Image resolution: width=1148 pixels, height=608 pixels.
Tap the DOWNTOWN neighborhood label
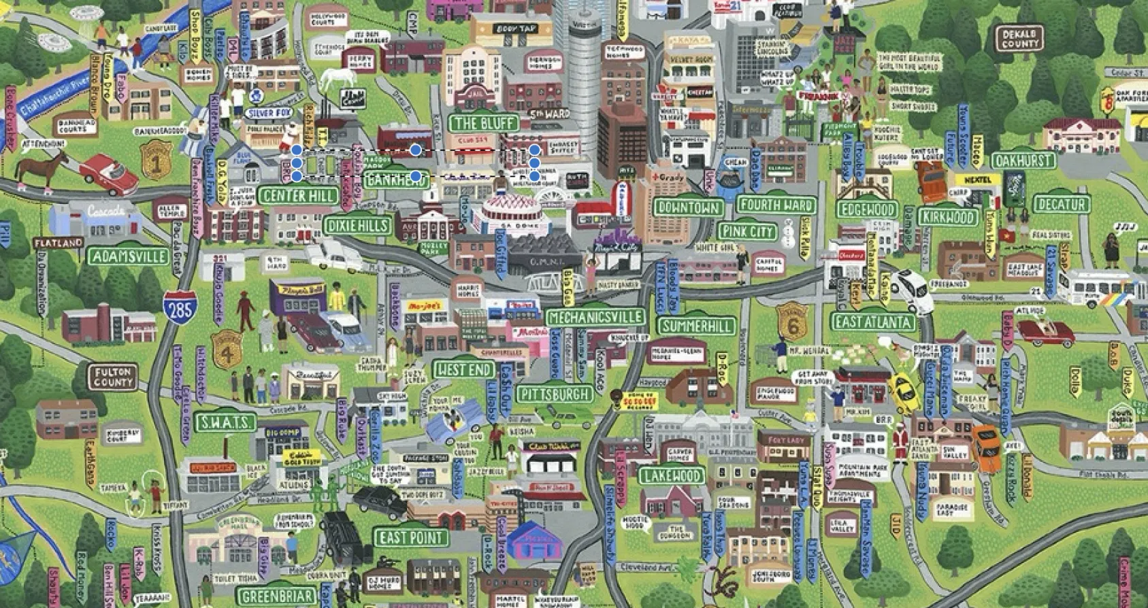click(x=688, y=207)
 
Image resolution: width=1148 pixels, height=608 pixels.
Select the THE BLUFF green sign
click(x=483, y=124)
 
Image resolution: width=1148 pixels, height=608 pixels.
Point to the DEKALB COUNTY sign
click(x=1019, y=39)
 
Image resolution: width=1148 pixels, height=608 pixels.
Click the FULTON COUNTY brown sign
click(x=112, y=377)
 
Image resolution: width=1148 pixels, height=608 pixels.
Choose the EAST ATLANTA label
click(x=874, y=322)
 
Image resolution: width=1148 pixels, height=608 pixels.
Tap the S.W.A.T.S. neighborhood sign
click(x=225, y=422)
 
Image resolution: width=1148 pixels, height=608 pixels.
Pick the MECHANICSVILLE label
click(x=595, y=318)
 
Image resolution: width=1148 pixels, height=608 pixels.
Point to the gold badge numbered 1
click(x=156, y=161)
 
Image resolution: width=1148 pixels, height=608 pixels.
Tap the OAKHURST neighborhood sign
click(x=1023, y=161)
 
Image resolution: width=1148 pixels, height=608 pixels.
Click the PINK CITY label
click(x=747, y=231)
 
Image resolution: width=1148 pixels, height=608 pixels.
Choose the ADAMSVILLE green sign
click(x=129, y=256)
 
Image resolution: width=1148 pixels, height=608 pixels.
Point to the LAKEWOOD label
click(x=672, y=475)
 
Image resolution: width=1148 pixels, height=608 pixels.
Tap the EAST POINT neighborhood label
click(x=412, y=538)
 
